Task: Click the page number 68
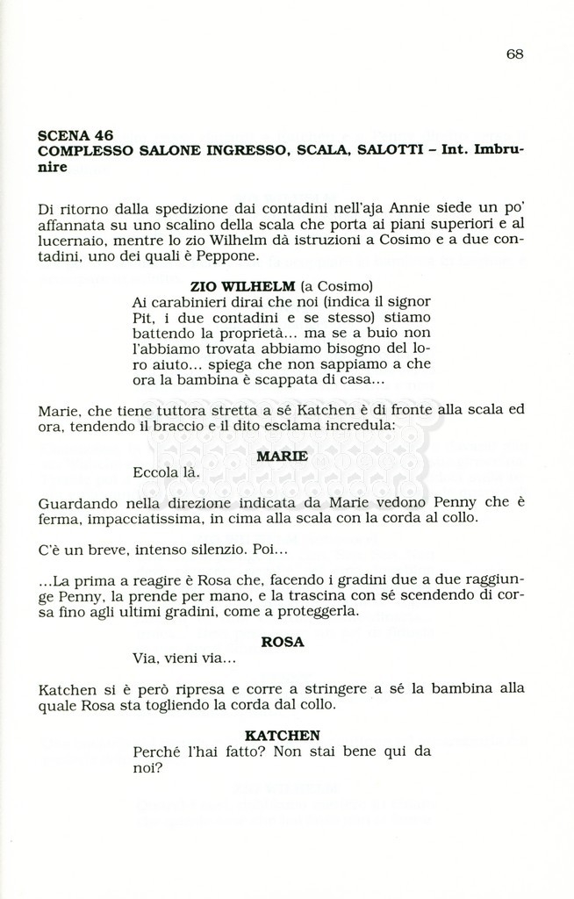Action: click(514, 54)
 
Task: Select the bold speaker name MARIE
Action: click(282, 456)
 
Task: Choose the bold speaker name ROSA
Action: click(283, 642)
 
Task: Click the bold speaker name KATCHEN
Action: click(282, 735)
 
